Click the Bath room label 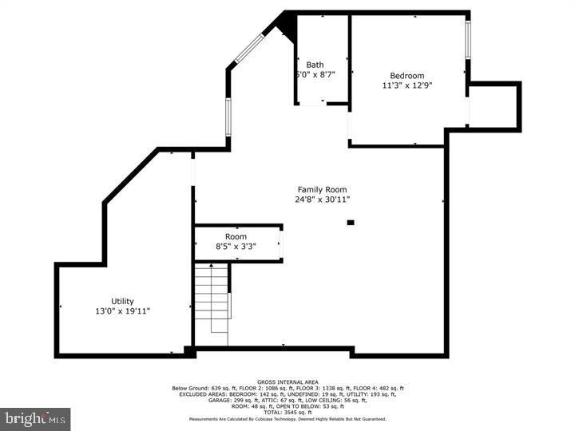pos(315,65)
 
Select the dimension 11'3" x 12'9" pos(407,85)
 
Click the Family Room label pos(322,189)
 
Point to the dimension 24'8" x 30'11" pos(322,200)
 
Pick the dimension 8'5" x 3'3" pos(236,247)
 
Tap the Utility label pos(122,301)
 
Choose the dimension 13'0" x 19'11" pos(122,311)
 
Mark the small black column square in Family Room pos(351,223)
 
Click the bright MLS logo pos(35,418)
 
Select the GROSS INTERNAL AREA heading pos(287,382)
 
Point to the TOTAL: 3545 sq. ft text pos(287,412)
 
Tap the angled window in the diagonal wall pos(248,49)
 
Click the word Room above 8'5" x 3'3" pos(236,237)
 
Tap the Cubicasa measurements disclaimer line pos(287,419)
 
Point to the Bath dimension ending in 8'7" pos(315,75)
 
